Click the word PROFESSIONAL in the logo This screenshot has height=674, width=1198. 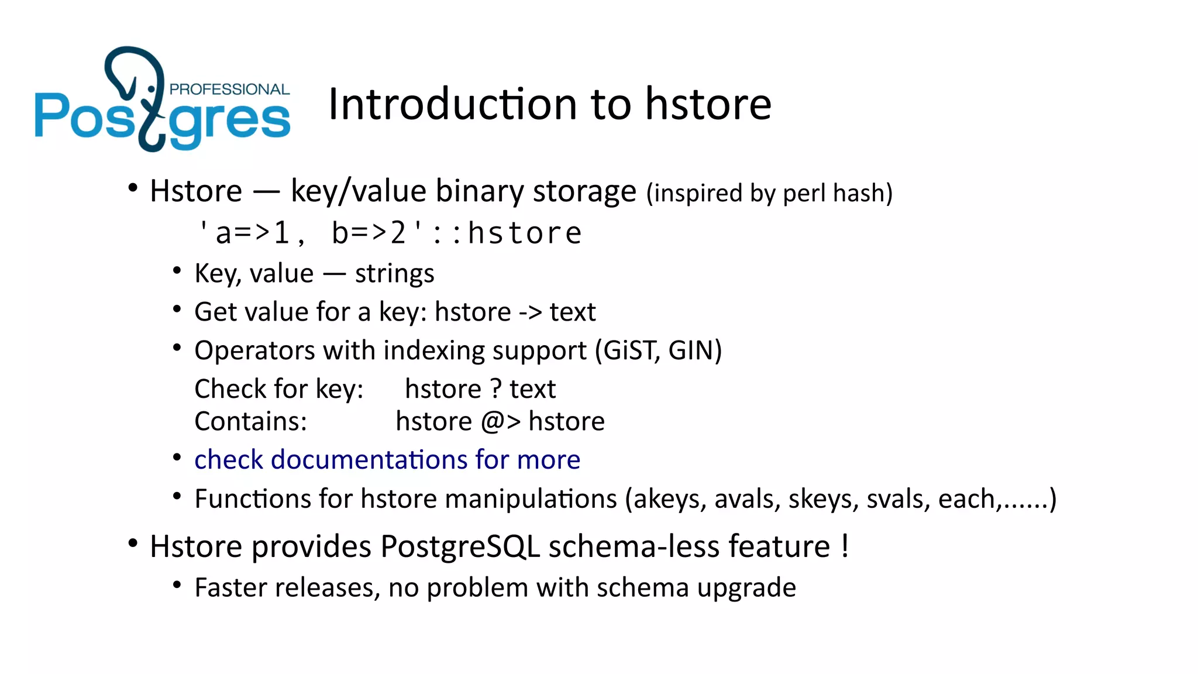pyautogui.click(x=229, y=90)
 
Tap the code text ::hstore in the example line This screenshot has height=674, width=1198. pyautogui.click(x=507, y=233)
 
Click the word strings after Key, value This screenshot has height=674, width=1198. pyautogui.click(x=394, y=274)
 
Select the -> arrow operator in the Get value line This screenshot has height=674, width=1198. pyautogui.click(x=530, y=312)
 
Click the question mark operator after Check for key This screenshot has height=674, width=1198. pyautogui.click(x=495, y=389)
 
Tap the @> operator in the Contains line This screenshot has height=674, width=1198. pyautogui.click(x=500, y=422)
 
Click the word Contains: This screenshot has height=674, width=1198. pyautogui.click(x=250, y=422)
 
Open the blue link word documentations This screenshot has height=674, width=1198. pyautogui.click(x=369, y=460)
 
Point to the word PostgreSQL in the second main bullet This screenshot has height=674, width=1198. pyautogui.click(x=460, y=546)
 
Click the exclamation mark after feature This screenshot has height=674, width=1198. pyautogui.click(x=845, y=545)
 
